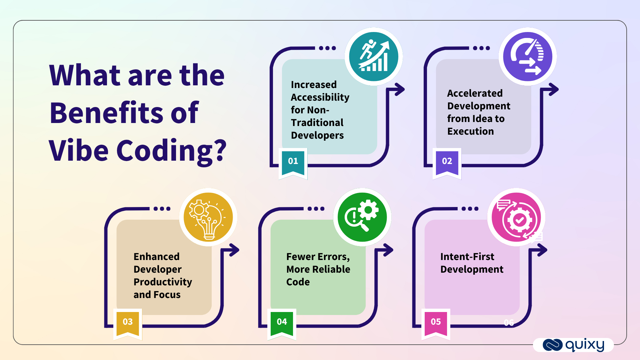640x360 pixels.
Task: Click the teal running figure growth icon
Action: pos(374,56)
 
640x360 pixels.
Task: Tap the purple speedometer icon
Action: pos(528,56)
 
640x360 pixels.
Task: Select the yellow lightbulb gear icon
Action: pos(208,217)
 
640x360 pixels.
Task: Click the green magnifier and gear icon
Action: pos(362,217)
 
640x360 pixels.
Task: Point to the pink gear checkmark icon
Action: pos(516,218)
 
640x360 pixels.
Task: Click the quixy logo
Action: pos(574,345)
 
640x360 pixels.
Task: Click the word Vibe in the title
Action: pos(79,151)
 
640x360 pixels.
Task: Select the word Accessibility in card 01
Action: pos(320,97)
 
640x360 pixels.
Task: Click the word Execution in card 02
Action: pos(470,131)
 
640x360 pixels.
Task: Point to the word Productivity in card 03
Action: pos(163,282)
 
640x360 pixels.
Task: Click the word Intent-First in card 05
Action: pos(467,257)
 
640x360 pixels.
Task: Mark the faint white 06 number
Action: pos(509,323)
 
